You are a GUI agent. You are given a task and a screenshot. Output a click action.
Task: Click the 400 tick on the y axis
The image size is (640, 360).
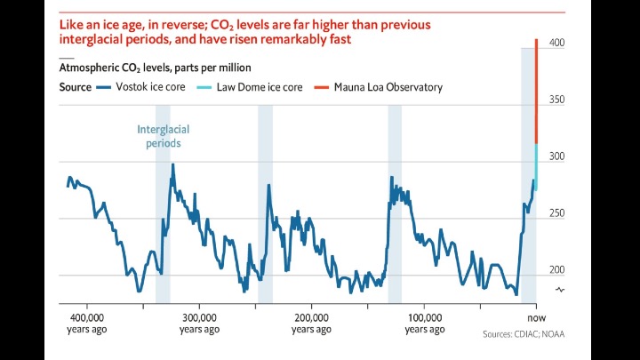(556, 43)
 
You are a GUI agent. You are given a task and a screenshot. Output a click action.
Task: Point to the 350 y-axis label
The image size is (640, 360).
(556, 100)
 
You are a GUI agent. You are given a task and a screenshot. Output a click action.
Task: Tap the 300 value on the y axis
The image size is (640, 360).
(556, 156)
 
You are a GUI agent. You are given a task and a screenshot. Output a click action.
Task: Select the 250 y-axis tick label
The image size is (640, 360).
(556, 213)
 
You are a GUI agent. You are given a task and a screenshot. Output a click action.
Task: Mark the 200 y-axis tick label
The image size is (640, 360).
(556, 270)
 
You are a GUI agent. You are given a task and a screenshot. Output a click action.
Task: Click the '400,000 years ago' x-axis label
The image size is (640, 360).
(87, 323)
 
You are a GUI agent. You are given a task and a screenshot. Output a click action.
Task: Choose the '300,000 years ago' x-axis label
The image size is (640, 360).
(199, 323)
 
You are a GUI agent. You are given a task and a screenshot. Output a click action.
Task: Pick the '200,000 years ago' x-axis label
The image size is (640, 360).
(312, 323)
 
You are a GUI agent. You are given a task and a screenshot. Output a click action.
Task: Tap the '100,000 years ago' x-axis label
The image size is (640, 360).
(425, 323)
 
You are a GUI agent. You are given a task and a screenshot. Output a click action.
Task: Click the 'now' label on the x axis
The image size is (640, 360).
(536, 317)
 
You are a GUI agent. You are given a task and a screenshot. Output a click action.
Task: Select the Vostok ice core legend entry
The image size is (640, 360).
(141, 87)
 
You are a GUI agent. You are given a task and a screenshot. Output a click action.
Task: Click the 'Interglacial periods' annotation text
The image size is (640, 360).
(163, 136)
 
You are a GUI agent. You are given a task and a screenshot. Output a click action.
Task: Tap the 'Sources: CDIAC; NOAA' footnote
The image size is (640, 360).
(524, 335)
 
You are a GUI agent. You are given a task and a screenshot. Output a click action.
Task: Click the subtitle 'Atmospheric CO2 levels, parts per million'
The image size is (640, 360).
(155, 67)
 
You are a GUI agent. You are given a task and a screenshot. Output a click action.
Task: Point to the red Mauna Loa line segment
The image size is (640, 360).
(536, 89)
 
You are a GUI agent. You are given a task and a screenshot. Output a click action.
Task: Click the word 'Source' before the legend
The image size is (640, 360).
(75, 87)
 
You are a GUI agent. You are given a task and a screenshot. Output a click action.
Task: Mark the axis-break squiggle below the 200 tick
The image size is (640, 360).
(560, 291)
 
